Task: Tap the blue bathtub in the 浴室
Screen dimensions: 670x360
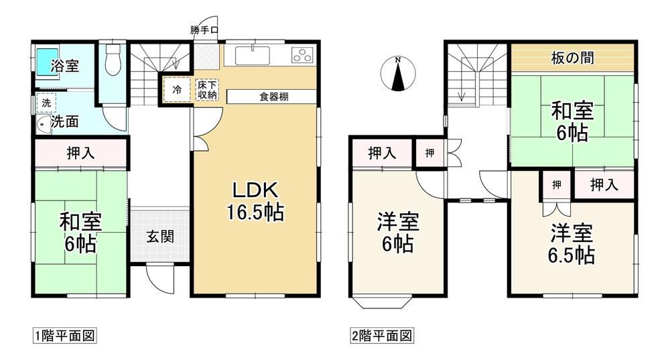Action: (47, 62)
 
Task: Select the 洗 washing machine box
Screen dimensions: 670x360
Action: (46, 103)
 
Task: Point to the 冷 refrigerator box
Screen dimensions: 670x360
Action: (177, 89)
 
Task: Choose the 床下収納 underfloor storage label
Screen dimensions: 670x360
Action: (207, 90)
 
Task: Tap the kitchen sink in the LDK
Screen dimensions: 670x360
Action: (253, 56)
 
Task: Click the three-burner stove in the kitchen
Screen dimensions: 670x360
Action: (302, 56)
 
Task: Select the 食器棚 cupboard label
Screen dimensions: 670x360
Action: (274, 97)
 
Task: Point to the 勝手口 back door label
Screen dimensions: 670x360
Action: (204, 30)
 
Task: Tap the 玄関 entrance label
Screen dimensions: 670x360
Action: (160, 236)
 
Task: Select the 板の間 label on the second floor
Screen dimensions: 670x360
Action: (573, 58)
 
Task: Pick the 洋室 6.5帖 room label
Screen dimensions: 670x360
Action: (572, 245)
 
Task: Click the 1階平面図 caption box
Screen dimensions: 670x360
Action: (64, 336)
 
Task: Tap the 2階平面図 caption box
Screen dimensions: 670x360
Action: (382, 336)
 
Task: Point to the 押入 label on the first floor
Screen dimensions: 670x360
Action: (81, 153)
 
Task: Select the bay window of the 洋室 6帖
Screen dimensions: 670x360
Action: (382, 302)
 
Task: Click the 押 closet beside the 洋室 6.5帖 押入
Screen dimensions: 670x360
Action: (556, 185)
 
